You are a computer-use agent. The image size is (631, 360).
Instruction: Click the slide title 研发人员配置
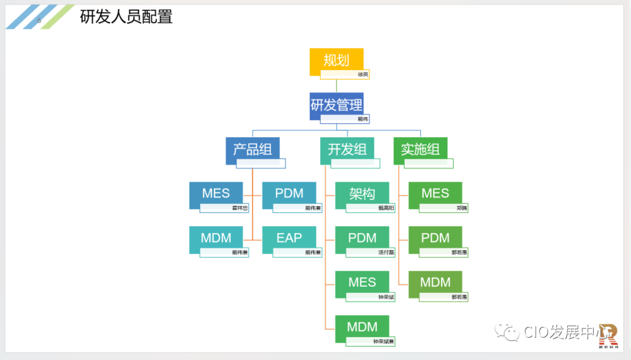point(126,17)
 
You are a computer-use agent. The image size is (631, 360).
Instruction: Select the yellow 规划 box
point(337,60)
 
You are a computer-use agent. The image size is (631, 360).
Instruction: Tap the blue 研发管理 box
point(337,105)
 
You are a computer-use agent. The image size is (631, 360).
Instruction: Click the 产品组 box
point(252,149)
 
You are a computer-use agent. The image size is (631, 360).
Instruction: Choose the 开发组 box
point(347,149)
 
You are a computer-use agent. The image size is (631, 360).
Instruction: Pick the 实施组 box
point(420,149)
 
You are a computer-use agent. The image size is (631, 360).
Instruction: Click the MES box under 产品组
point(216,193)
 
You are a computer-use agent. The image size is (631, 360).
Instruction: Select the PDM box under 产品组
point(289,193)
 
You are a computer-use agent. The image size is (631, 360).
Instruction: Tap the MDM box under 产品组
point(216,238)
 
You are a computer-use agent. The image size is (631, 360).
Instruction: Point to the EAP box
point(289,238)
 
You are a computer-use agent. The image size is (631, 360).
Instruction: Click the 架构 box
point(362,193)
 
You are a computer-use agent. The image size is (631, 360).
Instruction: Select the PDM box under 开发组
point(362,238)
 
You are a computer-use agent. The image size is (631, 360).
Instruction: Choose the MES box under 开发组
point(362,282)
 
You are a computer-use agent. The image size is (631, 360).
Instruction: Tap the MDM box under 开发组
point(362,327)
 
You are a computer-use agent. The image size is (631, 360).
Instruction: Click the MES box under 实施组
point(435,193)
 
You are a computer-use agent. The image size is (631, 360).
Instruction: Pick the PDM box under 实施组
point(435,238)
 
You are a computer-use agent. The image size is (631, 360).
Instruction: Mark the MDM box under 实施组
point(435,282)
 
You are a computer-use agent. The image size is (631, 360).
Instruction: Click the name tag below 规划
point(345,74)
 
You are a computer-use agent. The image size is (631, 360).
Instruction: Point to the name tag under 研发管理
point(345,119)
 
